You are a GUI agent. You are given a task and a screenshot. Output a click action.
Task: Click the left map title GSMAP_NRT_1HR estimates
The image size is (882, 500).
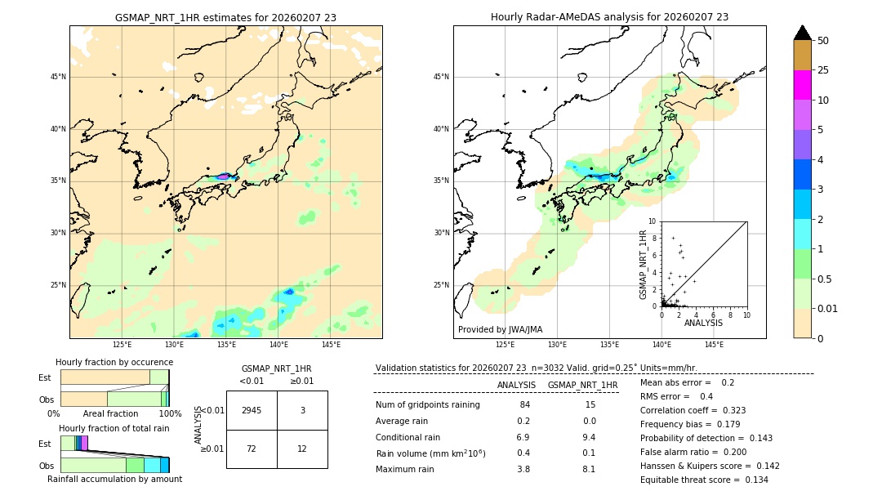click(x=225, y=17)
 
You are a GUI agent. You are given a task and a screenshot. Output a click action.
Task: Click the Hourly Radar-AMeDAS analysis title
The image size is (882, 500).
click(x=609, y=17)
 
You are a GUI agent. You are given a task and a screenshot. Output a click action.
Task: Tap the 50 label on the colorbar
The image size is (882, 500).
click(x=823, y=41)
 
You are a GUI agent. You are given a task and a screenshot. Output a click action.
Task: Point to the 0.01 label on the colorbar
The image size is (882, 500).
click(x=828, y=308)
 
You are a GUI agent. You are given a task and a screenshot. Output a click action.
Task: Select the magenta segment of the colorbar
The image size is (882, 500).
click(x=802, y=85)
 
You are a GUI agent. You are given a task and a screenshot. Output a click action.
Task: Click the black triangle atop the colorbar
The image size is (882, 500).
click(x=802, y=33)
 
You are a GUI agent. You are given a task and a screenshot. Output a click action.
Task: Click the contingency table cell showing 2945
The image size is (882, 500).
click(x=252, y=410)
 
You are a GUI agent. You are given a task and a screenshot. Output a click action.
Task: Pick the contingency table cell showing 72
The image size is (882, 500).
click(x=252, y=449)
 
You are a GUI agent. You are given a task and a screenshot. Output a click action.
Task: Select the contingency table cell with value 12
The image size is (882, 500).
click(x=302, y=449)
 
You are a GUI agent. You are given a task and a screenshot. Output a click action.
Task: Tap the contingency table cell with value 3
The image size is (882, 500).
click(x=302, y=410)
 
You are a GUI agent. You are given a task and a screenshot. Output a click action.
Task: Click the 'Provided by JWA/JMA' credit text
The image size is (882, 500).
click(x=500, y=329)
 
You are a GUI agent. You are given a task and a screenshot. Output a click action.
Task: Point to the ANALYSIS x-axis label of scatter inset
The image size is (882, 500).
click(x=703, y=323)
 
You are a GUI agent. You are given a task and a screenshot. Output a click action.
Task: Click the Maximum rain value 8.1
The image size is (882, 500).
click(x=589, y=469)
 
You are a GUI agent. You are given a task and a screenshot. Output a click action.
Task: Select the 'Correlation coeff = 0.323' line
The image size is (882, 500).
click(x=693, y=410)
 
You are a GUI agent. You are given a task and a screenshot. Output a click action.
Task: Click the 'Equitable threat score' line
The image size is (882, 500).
click(x=704, y=480)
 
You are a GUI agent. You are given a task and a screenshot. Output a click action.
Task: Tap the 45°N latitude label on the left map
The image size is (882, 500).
click(x=58, y=77)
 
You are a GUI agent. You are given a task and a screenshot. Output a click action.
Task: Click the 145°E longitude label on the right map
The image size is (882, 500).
click(x=714, y=345)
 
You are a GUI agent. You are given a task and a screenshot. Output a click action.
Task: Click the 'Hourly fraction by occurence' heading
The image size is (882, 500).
click(x=114, y=362)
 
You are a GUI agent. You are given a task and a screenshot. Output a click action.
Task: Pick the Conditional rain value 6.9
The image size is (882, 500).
click(x=523, y=437)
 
